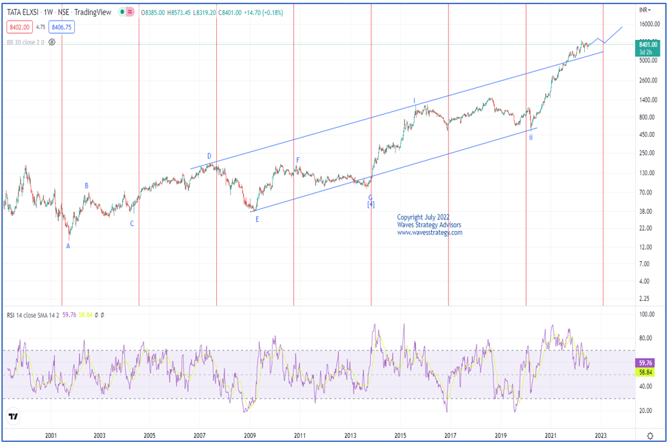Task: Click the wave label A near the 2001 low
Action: (68, 246)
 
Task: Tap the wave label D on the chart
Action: (209, 156)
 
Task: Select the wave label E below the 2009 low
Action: (257, 219)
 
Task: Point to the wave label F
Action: (298, 160)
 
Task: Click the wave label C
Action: (132, 223)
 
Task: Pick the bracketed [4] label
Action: (371, 204)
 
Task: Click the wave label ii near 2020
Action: (531, 137)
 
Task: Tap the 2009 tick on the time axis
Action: (250, 435)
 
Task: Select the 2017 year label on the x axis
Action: (450, 435)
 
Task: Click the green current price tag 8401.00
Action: (645, 43)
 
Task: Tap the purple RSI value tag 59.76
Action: (645, 363)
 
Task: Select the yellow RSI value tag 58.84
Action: (645, 372)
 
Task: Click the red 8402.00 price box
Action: (19, 27)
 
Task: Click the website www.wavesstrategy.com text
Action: (430, 232)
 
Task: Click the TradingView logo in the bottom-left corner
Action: (14, 417)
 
